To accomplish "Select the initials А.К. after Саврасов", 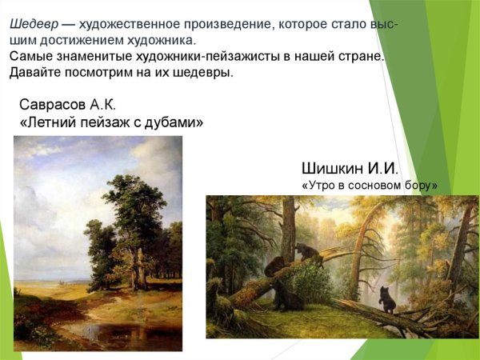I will pos(103,105).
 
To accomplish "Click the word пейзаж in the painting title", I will pos(104,123).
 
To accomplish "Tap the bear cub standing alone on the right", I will pos(387,299).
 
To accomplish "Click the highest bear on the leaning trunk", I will pos(306,252).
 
